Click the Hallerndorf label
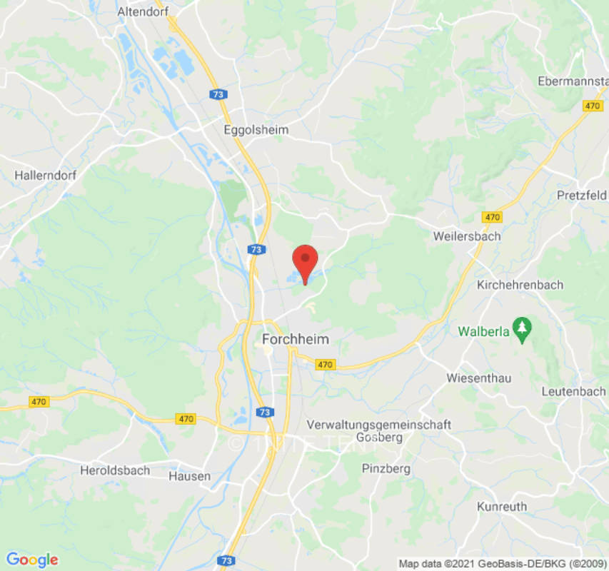46,174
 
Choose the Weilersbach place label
467,236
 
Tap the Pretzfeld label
582,196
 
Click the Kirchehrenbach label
520,285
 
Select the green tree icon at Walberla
524,328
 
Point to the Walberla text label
483,332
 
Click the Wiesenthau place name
479,378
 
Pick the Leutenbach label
573,391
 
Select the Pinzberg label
386,469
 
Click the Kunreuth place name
502,507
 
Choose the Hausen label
190,476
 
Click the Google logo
31,560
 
